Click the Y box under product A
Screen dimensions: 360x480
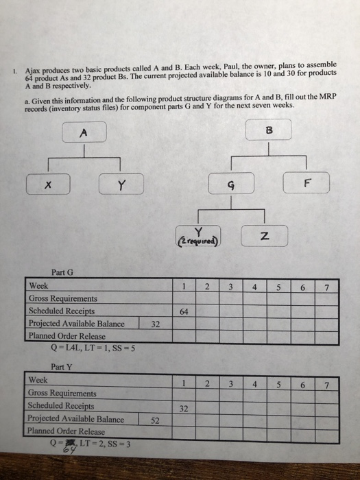click(x=121, y=184)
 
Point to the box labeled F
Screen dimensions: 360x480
click(x=307, y=183)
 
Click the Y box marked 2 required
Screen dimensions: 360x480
click(x=199, y=237)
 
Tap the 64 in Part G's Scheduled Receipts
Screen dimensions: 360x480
click(x=184, y=311)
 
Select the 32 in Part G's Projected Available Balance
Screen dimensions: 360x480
click(x=155, y=324)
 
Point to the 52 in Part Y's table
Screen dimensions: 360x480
click(x=155, y=420)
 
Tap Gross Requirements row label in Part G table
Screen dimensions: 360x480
click(x=62, y=299)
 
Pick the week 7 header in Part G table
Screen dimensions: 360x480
click(x=326, y=287)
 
